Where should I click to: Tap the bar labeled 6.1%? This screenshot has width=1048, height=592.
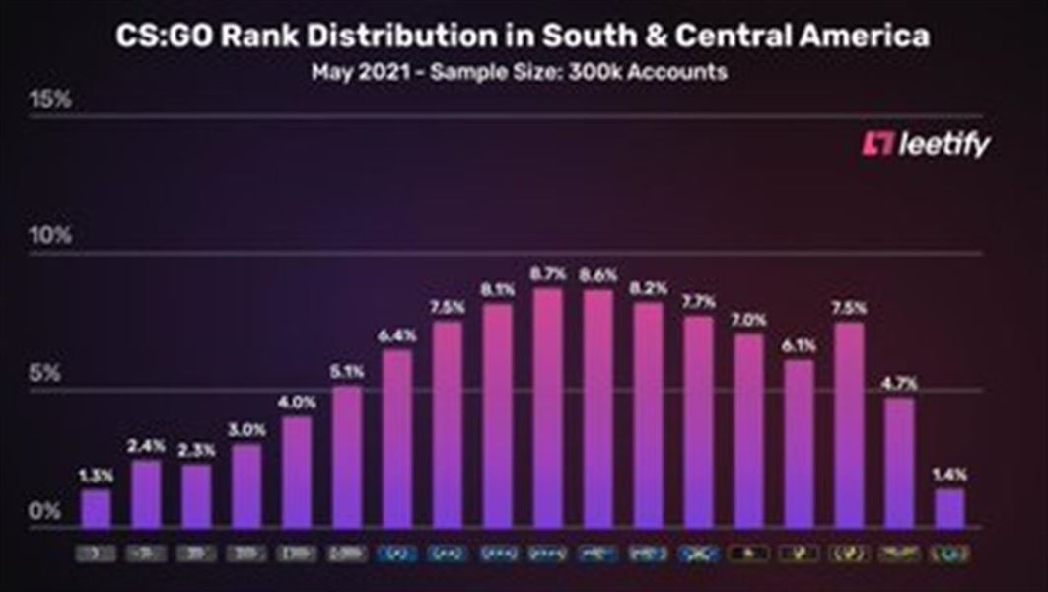tap(799, 444)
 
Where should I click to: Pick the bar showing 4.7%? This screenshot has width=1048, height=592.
tap(899, 463)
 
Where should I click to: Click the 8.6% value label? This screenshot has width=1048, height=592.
tap(598, 274)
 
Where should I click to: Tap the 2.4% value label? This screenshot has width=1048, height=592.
tap(146, 445)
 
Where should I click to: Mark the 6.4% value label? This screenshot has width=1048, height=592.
tap(397, 335)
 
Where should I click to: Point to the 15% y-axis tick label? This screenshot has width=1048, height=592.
tap(50, 100)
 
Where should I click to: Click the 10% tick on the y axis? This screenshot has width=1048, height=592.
tap(50, 237)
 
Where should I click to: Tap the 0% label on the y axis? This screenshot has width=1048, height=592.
tap(43, 511)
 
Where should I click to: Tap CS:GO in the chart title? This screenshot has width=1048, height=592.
tap(163, 37)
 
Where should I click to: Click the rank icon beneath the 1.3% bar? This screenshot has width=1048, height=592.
tap(96, 554)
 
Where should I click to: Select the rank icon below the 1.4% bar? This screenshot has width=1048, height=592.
tap(949, 554)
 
